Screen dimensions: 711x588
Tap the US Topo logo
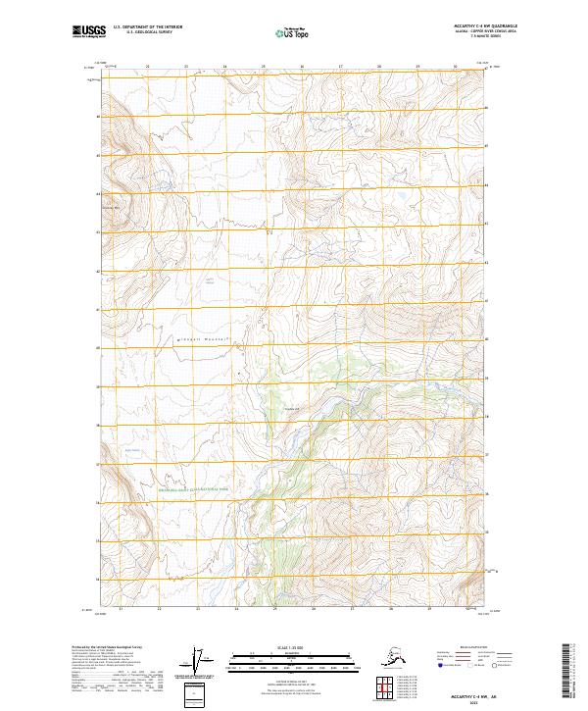pyautogui.click(x=294, y=33)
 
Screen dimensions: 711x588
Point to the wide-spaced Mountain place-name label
pyautogui.click(x=201, y=338)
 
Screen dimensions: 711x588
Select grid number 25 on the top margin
pyautogui.click(x=263, y=67)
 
